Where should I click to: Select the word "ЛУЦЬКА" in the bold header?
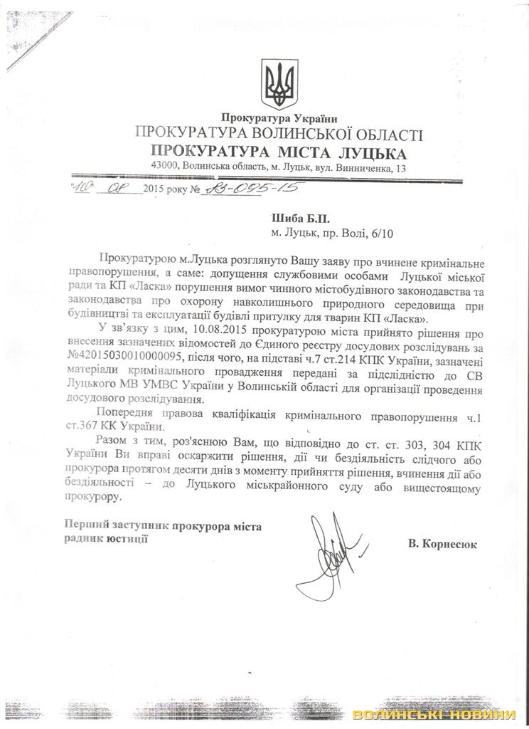pyautogui.click(x=368, y=152)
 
